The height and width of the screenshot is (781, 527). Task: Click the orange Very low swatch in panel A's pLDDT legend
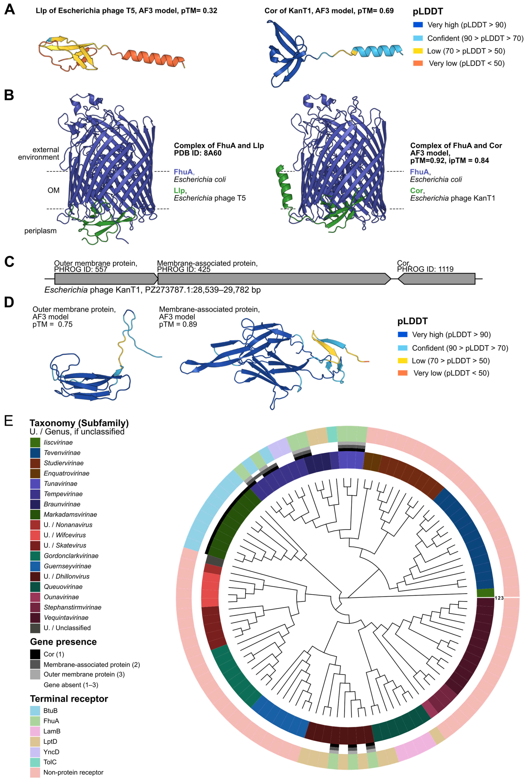[418, 63]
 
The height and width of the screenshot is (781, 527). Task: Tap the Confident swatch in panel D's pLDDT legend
[402, 348]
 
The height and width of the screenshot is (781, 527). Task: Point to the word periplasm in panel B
[40, 231]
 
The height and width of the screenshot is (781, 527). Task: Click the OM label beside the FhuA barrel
[53, 190]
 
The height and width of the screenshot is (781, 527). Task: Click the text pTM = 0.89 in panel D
[178, 324]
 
